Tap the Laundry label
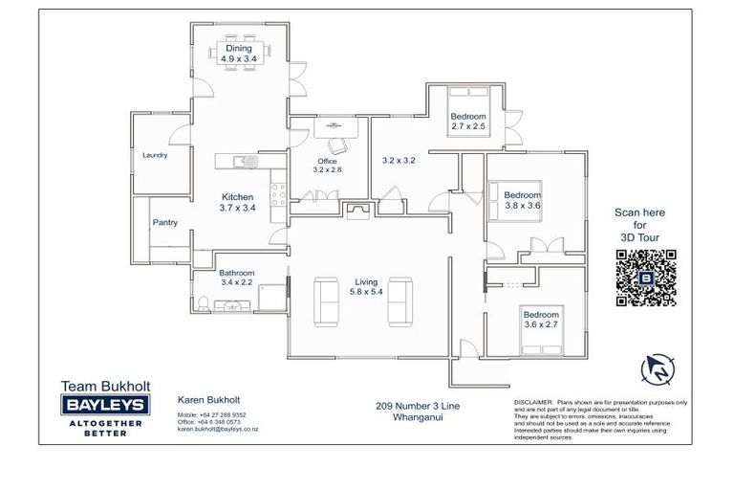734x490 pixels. click(x=154, y=155)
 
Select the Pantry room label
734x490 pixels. click(x=164, y=223)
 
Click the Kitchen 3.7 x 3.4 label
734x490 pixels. click(x=236, y=203)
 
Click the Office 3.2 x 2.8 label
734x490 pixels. click(x=326, y=165)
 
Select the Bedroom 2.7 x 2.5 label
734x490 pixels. click(x=468, y=122)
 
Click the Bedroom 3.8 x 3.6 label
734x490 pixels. click(x=522, y=200)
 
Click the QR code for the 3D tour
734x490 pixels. click(x=646, y=278)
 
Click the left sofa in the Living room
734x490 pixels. click(x=326, y=301)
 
